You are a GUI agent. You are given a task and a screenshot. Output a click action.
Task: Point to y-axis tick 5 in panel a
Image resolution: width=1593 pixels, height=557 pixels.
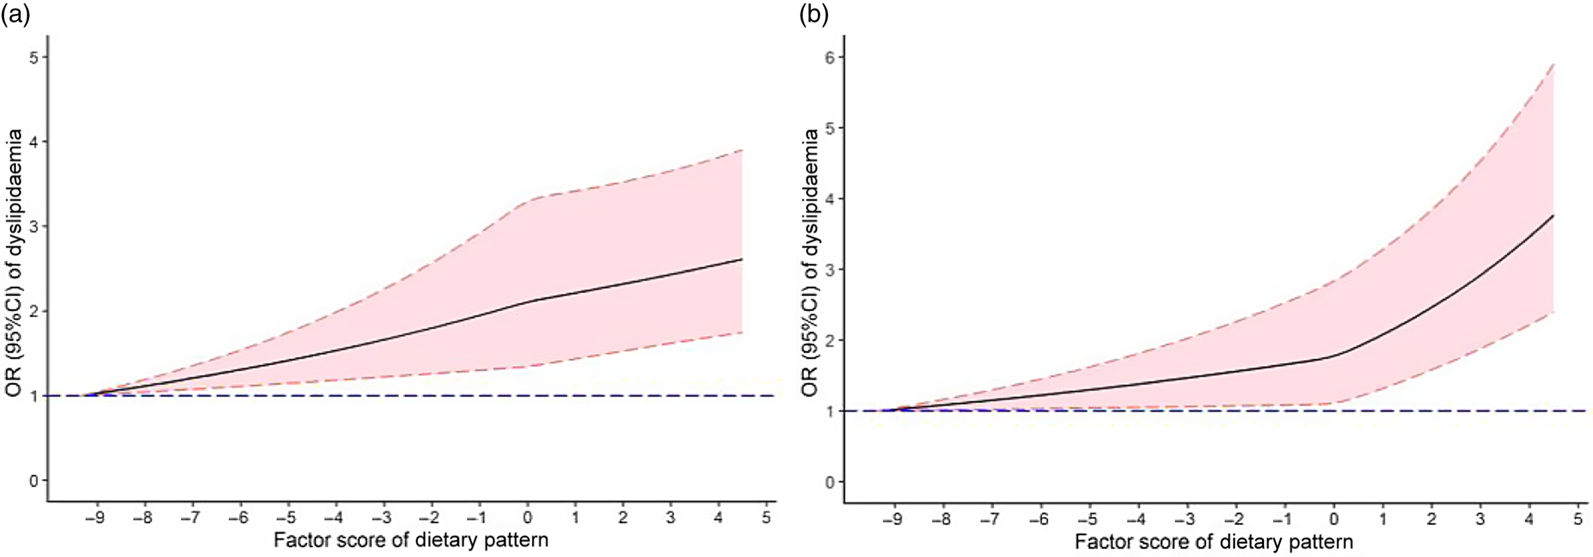(33, 57)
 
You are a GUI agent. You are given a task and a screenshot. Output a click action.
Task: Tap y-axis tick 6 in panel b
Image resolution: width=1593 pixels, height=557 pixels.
(830, 57)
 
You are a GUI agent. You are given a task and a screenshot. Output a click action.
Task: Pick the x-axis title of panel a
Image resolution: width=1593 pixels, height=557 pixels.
(411, 540)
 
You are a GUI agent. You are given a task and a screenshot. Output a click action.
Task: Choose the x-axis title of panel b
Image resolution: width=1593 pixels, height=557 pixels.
(1213, 542)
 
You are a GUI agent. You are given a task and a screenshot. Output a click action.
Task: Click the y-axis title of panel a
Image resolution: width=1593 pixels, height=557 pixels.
(15, 264)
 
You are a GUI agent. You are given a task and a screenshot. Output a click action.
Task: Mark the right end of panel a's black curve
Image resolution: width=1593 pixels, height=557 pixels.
(742, 259)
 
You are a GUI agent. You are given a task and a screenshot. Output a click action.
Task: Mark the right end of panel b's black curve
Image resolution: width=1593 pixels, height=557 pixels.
(1553, 216)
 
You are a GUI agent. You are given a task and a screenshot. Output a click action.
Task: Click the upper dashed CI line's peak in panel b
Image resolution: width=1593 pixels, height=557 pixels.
(1553, 65)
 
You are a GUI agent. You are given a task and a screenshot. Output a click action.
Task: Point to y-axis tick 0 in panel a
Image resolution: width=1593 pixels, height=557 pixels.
(33, 480)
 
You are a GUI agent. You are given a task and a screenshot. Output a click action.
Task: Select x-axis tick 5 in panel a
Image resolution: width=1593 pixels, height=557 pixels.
(767, 517)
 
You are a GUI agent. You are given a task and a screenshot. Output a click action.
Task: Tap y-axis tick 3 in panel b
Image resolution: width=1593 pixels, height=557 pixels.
(830, 270)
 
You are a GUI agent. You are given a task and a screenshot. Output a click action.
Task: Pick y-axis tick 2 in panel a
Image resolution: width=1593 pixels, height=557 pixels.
(33, 311)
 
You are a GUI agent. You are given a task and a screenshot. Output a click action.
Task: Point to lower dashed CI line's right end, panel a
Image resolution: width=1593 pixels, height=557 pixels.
(742, 332)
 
